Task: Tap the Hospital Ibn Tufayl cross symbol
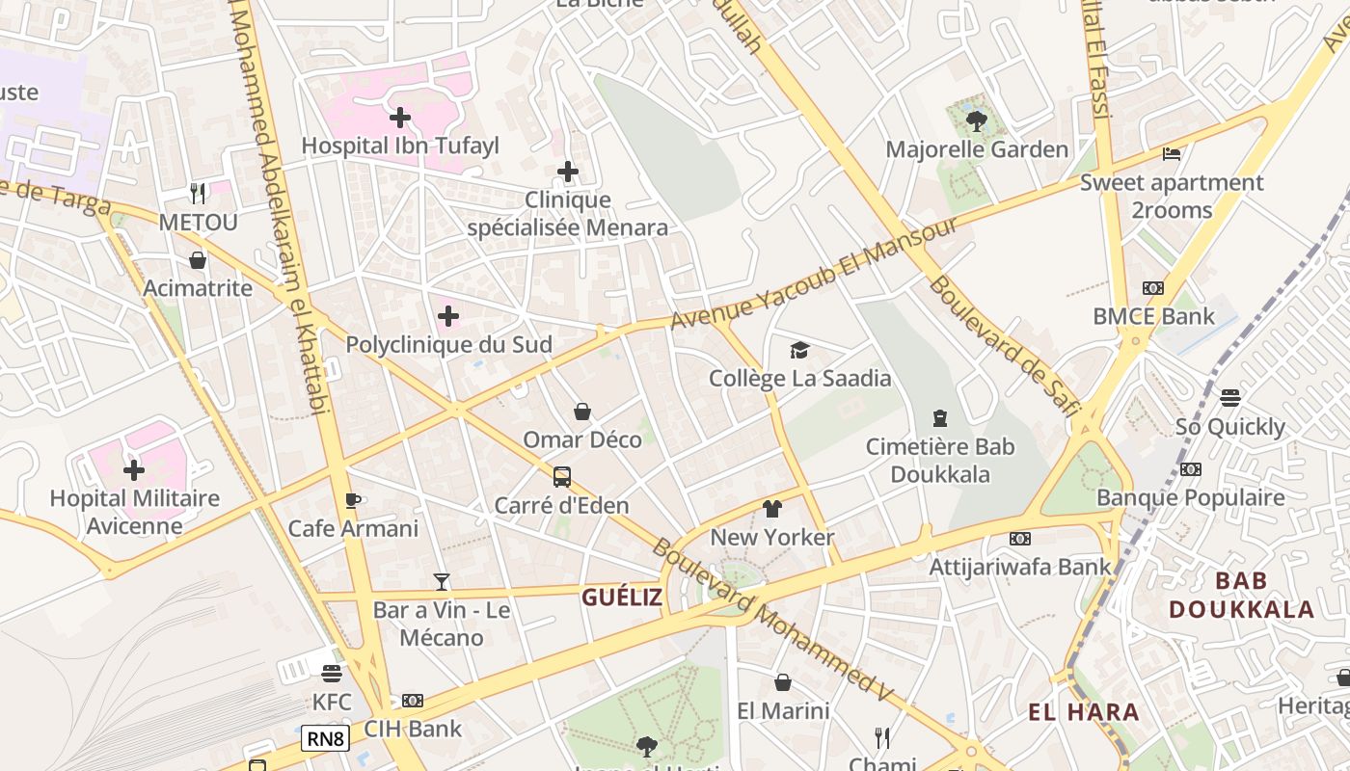399,118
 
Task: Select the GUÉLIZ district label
622,598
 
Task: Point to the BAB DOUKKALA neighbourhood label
1241,595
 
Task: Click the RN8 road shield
325,739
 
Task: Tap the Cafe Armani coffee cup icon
353,500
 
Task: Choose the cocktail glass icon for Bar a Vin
442,581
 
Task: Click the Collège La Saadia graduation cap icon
799,350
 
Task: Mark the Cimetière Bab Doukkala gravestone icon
940,418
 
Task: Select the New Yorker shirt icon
771,509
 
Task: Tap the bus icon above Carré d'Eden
561,477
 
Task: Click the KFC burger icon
332,673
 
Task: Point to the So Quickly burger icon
1229,398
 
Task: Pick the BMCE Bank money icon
1152,288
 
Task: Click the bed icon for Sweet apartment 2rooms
1172,154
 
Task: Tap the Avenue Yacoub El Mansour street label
815,273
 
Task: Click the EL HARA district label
1084,713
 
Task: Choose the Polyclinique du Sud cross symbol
448,316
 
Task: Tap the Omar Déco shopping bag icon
582,412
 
